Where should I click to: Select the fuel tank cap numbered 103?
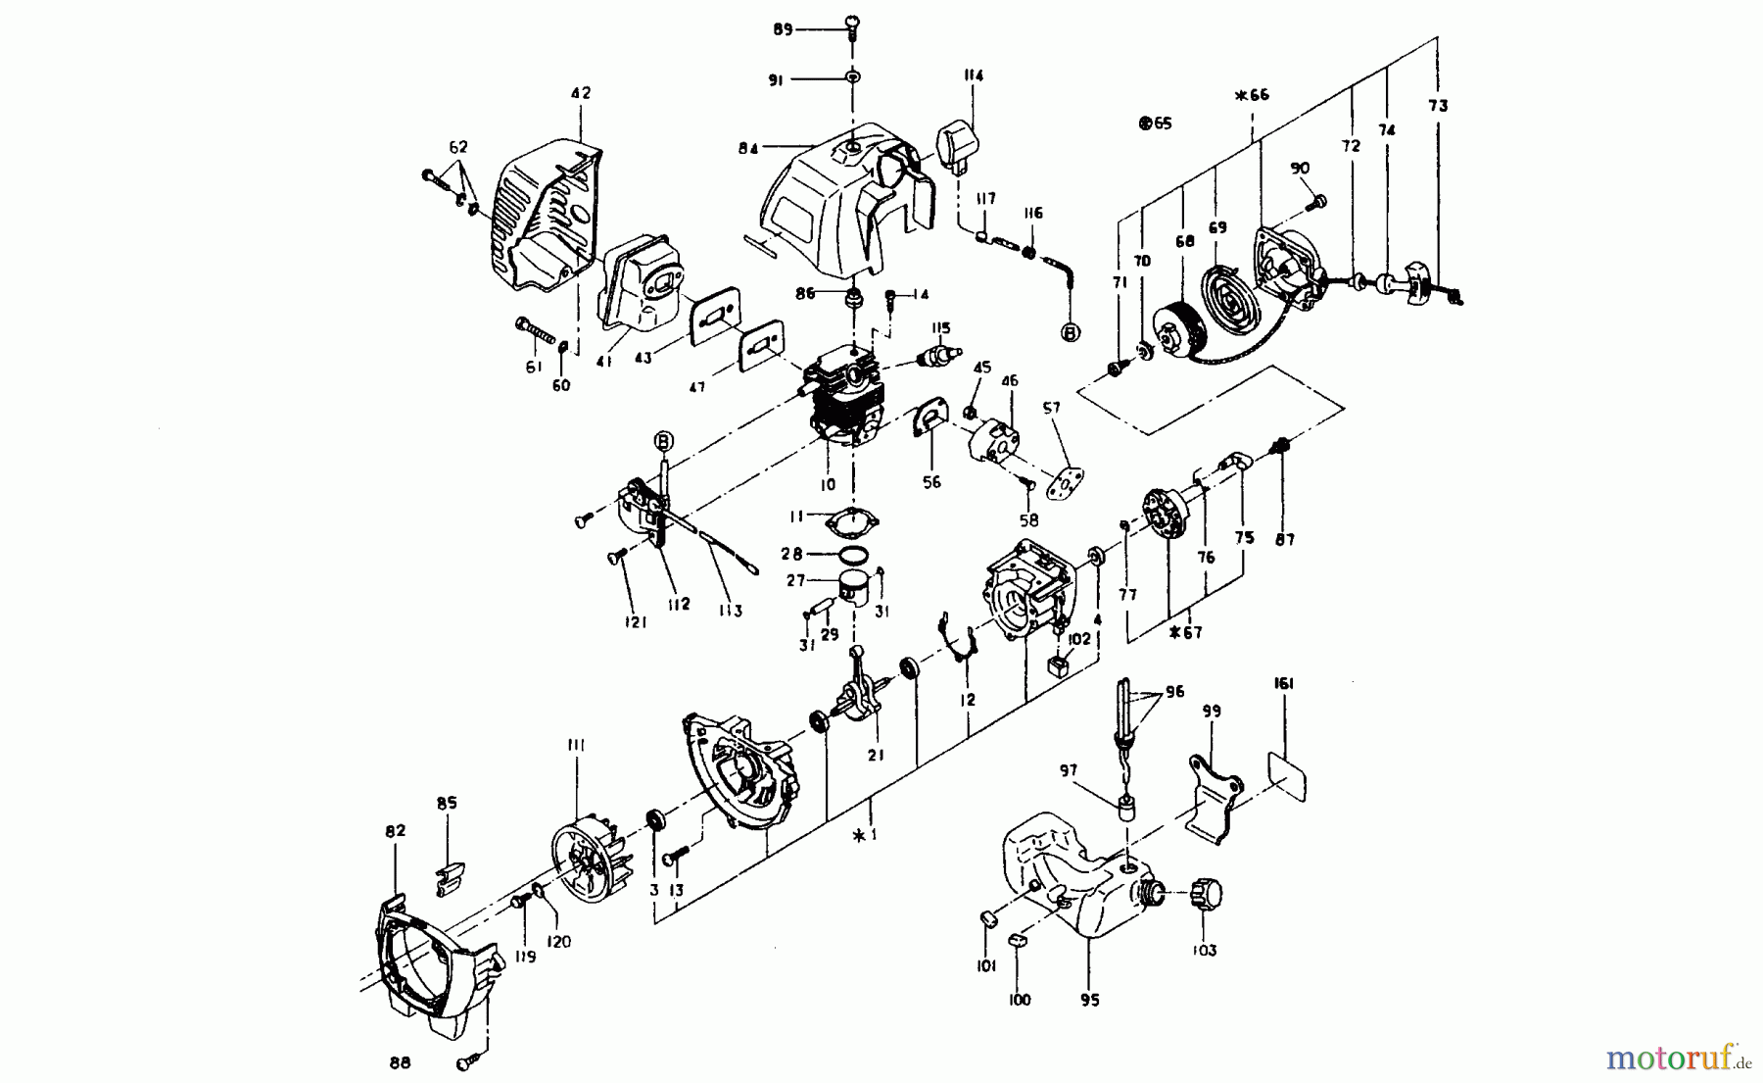[1204, 894]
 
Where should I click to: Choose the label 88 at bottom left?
[400, 1062]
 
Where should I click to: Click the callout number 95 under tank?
[1090, 1001]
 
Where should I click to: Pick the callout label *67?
[1186, 633]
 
